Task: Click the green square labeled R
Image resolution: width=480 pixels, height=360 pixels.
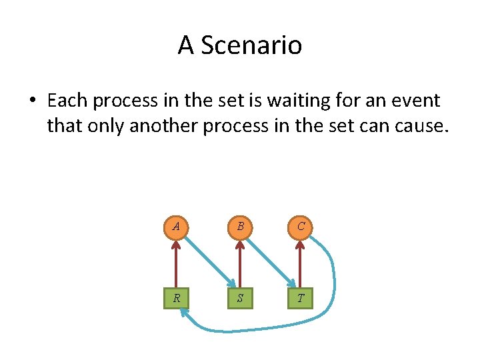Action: (176, 297)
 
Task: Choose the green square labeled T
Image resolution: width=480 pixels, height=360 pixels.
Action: (301, 297)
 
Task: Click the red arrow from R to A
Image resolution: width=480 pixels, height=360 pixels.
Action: (176, 263)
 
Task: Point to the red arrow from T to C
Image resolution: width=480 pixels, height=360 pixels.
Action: (301, 263)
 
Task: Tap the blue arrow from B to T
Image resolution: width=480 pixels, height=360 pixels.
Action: (270, 260)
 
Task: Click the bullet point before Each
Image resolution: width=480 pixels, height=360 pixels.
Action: (32, 101)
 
